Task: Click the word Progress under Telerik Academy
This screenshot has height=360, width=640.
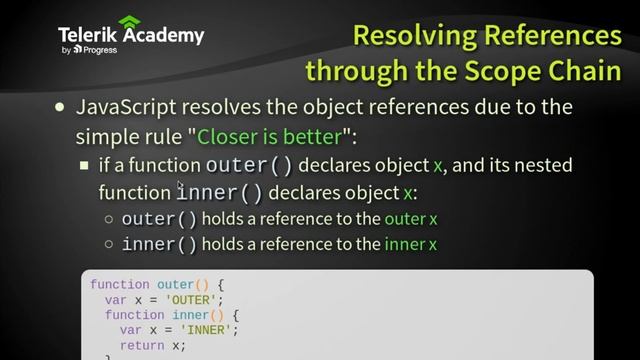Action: click(100, 49)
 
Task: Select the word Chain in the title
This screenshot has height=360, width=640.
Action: click(580, 72)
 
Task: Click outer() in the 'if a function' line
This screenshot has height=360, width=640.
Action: click(249, 165)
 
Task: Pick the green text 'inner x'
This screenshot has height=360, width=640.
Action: click(410, 244)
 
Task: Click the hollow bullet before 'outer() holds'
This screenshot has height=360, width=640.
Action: click(109, 218)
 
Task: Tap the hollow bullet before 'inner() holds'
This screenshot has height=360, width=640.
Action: click(109, 244)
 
